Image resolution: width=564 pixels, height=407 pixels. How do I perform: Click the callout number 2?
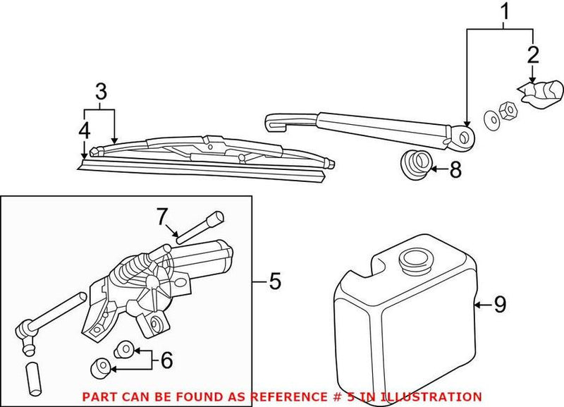pyautogui.click(x=532, y=54)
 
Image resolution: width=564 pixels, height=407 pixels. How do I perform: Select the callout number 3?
pyautogui.click(x=101, y=92)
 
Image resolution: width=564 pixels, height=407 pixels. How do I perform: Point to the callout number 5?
pyautogui.click(x=274, y=282)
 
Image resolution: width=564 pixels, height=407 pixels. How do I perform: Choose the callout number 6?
pyautogui.click(x=166, y=360)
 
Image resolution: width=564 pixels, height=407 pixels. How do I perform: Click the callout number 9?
pyautogui.click(x=499, y=305)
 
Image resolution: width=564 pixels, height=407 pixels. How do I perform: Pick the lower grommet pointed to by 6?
pyautogui.click(x=100, y=366)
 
